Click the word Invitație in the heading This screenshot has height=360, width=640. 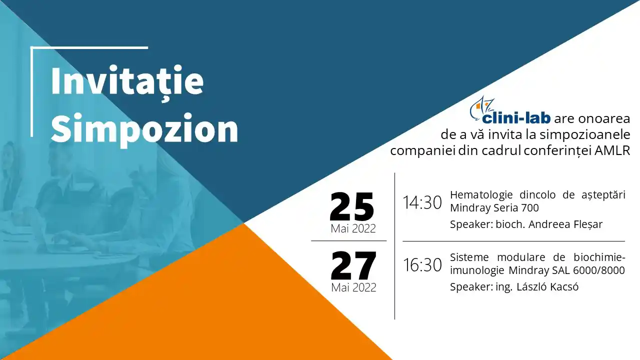pyautogui.click(x=127, y=81)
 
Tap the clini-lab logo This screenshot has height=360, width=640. pyautogui.click(x=510, y=111)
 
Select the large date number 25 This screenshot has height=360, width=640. pyautogui.click(x=352, y=206)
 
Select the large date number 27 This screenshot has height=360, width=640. pyautogui.click(x=353, y=265)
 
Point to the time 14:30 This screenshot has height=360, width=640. pyautogui.click(x=422, y=203)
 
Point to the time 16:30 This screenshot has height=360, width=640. pyautogui.click(x=422, y=265)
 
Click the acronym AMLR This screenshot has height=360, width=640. pyautogui.click(x=612, y=151)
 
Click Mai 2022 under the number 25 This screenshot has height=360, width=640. pyautogui.click(x=353, y=228)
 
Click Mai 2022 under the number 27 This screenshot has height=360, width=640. pyautogui.click(x=353, y=287)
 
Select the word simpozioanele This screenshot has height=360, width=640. pyautogui.click(x=585, y=135)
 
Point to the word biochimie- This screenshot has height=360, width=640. pyautogui.click(x=599, y=257)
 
